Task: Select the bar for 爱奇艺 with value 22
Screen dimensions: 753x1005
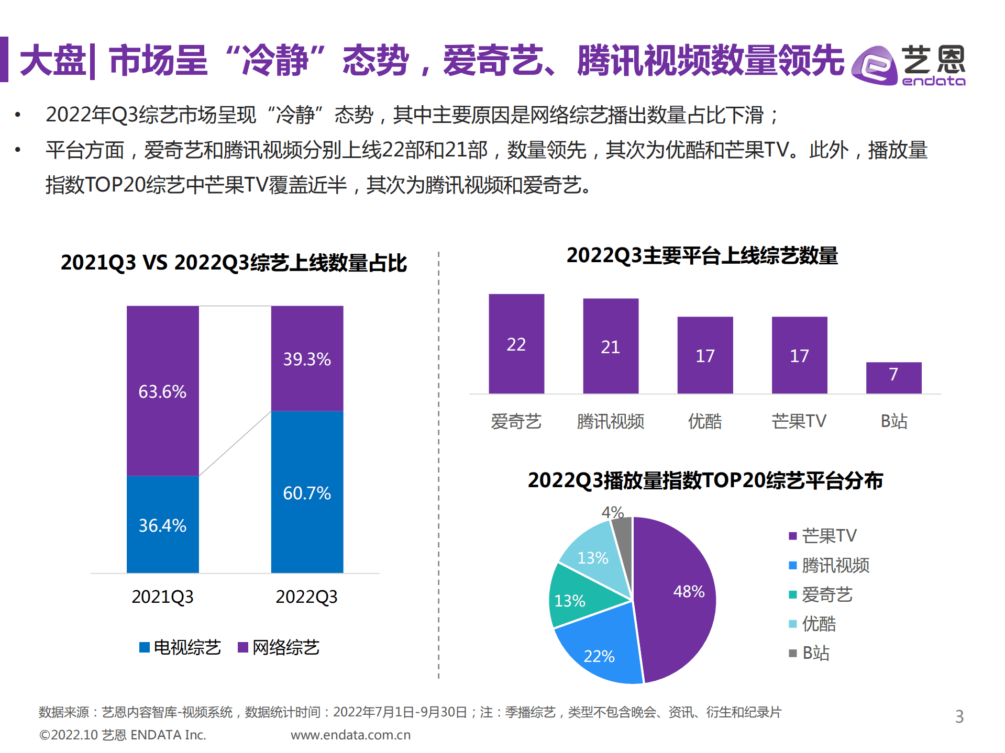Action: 516,344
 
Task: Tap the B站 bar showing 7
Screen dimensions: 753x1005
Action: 893,377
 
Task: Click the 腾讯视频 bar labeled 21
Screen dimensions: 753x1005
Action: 610,346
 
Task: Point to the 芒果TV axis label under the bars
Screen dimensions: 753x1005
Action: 799,421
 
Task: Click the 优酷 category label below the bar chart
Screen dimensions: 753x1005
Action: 704,421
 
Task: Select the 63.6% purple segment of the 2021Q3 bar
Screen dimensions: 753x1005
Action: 162,390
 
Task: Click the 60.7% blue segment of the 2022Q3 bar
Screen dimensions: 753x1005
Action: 307,492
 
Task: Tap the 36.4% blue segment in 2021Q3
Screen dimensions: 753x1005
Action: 162,524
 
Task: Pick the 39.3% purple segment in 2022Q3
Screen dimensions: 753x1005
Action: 307,358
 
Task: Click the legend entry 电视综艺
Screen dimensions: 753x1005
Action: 181,647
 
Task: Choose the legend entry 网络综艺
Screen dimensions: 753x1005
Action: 279,647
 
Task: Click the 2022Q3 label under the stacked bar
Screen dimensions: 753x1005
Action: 306,597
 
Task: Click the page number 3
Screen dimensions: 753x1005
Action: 959,716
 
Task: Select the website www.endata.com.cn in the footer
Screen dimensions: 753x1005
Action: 350,735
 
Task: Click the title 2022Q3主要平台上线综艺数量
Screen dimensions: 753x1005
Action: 702,255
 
